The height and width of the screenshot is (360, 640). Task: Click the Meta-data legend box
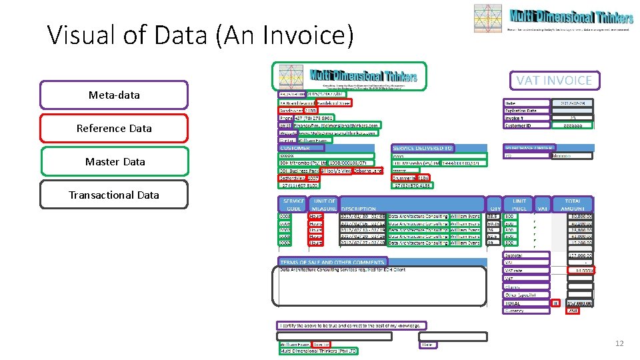pos(114,95)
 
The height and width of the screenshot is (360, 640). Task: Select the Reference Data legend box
pos(114,128)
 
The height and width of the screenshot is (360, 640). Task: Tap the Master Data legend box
pos(114,161)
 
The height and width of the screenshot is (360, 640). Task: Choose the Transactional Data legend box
pos(114,195)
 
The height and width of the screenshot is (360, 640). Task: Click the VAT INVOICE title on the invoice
pos(554,80)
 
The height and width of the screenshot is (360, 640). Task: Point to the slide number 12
pos(619,343)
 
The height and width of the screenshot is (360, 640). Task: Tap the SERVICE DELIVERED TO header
pos(423,148)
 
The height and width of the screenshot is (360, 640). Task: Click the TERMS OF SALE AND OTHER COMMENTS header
pos(332,262)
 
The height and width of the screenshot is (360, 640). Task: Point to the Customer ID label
pos(524,125)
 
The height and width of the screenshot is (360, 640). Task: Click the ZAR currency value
pos(573,311)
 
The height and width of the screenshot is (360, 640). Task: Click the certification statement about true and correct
pos(352,325)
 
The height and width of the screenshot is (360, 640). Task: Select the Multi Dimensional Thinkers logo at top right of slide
pos(550,18)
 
